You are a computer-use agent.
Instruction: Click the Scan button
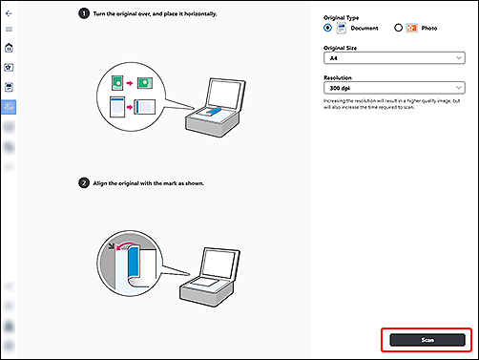(x=426, y=340)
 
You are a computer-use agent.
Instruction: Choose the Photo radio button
(x=398, y=29)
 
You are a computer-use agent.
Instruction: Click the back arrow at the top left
(x=10, y=14)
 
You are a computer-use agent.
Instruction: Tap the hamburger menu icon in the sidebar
(x=10, y=30)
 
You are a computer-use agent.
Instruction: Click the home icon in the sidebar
(x=10, y=48)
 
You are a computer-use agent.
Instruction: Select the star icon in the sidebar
(x=10, y=68)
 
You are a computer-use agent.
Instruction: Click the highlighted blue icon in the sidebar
(x=10, y=106)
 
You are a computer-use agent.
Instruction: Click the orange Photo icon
(x=412, y=29)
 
